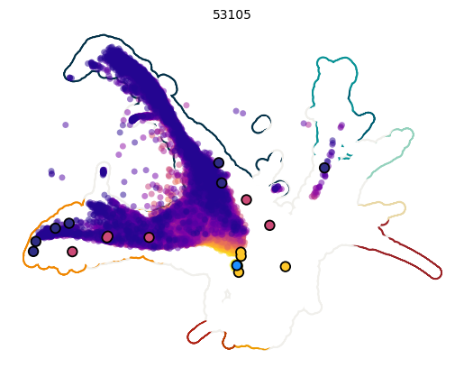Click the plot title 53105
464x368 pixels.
pos(232,14)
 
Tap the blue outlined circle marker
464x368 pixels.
pos(237,265)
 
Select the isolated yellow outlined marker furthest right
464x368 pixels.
pos(285,266)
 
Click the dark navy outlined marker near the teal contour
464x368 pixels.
pos(324,168)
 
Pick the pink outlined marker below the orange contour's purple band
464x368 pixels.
pos(72,252)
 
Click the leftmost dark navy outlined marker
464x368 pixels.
pos(33,252)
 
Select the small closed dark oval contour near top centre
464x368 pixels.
pos(261,124)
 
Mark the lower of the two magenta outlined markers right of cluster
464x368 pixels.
pos(269,225)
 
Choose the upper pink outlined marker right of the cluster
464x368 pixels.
pos(246,199)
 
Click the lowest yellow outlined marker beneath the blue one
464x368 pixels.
pos(238,272)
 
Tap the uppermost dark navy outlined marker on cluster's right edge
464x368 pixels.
pos(219,162)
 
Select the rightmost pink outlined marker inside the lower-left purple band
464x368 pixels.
pos(149,237)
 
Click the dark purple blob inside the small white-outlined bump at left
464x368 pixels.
pos(104,171)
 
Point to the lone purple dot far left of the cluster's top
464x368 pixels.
pos(65,124)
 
